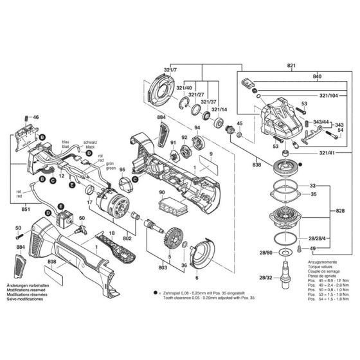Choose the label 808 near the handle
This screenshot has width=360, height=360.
pyautogui.click(x=52, y=261)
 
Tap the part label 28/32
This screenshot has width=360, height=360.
pyautogui.click(x=264, y=278)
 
